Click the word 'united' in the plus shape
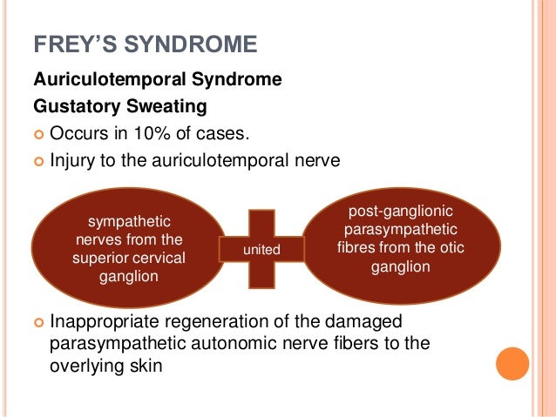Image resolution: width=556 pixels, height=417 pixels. [261, 249]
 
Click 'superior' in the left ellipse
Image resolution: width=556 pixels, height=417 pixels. [103, 258]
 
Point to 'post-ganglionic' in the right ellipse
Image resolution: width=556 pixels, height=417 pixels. [401, 212]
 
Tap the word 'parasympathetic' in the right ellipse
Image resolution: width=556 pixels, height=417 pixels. [401, 230]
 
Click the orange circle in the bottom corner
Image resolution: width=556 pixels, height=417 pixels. [512, 364]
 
